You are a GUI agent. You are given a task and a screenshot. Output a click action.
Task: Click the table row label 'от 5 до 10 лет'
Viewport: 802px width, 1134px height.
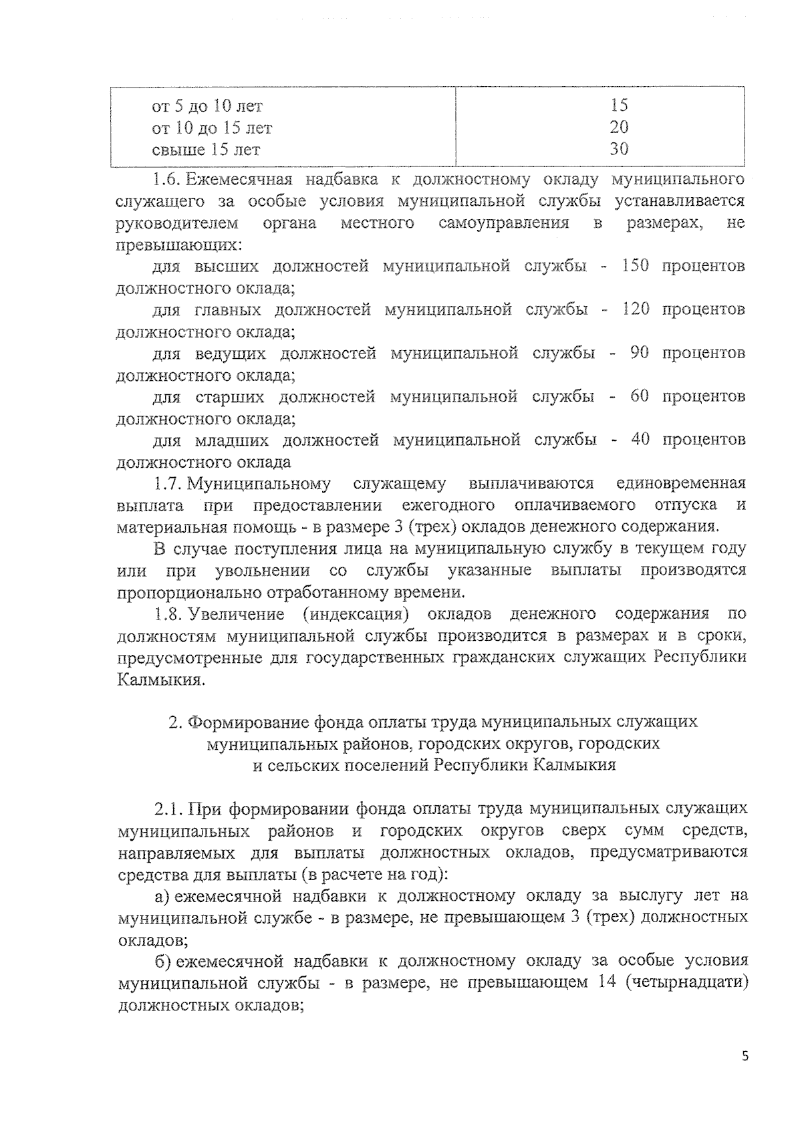207,106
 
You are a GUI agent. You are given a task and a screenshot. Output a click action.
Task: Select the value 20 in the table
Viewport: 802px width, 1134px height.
619,127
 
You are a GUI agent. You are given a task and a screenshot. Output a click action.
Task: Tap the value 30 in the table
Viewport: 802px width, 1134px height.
619,148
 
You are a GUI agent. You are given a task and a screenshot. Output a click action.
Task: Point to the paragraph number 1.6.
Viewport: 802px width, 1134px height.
167,179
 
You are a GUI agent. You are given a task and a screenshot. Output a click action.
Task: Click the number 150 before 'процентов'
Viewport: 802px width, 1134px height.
635,265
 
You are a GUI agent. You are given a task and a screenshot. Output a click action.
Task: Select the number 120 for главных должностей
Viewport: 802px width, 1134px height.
635,309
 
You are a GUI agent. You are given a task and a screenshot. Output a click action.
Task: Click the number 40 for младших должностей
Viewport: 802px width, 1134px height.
640,439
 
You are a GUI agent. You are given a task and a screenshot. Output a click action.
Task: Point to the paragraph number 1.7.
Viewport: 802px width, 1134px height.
167,482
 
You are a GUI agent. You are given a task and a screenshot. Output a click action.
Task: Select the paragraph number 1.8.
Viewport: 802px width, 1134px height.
167,613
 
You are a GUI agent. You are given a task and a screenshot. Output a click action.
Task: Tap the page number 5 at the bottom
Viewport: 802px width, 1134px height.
745,1056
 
